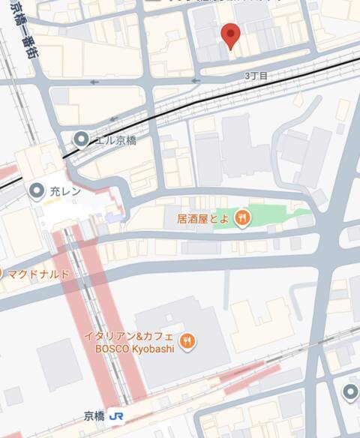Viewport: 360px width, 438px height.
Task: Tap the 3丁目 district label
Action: [x=256, y=76]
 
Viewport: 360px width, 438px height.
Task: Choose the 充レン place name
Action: [x=65, y=192]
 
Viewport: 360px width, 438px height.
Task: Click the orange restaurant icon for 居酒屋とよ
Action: [x=242, y=218]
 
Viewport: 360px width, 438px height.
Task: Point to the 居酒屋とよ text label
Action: [x=202, y=219]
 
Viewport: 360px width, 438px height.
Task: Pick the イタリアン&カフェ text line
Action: [x=138, y=335]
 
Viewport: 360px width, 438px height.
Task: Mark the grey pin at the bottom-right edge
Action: [x=350, y=391]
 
